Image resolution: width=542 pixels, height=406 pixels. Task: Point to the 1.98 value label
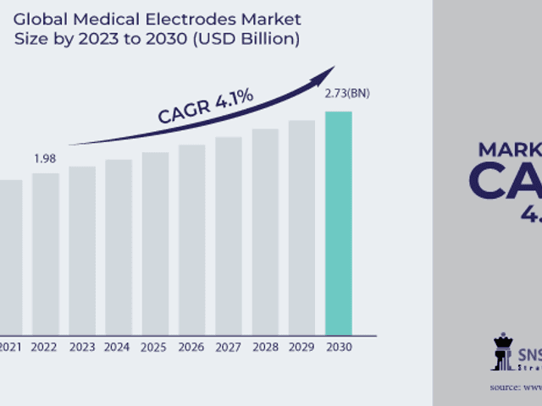pos(46,159)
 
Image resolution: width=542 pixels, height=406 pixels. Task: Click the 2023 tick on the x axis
pos(82,346)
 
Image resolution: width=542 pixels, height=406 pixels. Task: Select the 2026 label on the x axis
pos(191,346)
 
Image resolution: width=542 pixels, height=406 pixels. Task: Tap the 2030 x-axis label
pos(338,346)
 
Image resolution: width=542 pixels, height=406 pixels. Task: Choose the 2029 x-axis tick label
pos(301,346)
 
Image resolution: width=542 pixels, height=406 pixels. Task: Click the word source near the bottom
pos(506,387)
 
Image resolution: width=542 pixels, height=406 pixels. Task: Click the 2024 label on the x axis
pos(119,346)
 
